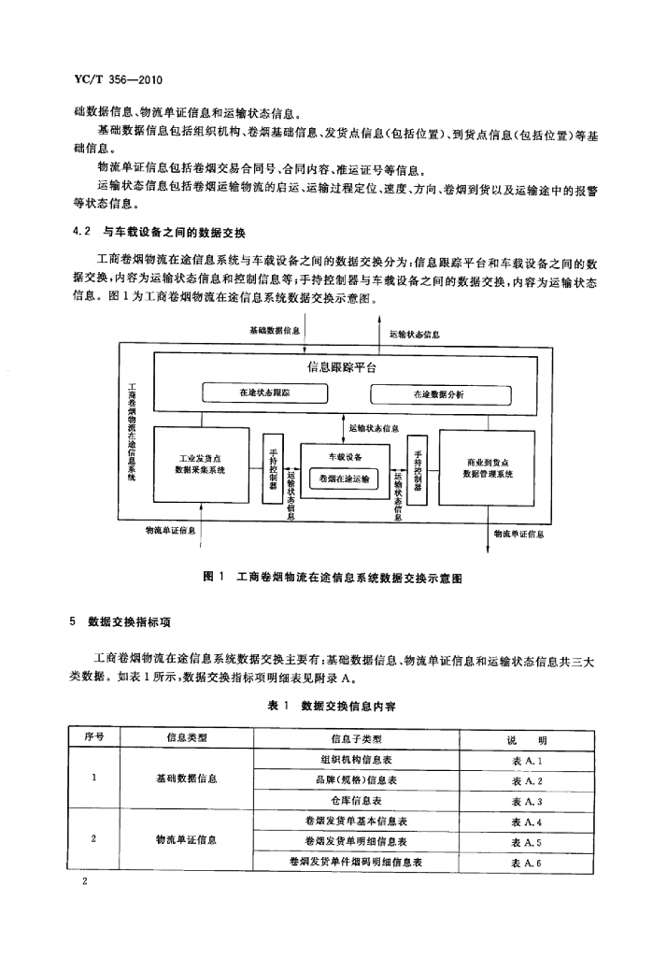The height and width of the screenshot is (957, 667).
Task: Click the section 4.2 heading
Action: (159, 233)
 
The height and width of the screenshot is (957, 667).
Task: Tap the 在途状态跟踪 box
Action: (265, 393)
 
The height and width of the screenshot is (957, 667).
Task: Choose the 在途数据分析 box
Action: (441, 394)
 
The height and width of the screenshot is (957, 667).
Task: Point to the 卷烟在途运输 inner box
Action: (344, 479)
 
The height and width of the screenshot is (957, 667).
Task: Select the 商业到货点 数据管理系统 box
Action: (487, 468)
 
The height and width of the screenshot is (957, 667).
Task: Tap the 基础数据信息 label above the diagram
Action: (275, 330)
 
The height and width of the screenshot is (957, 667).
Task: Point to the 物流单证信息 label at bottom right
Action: (518, 534)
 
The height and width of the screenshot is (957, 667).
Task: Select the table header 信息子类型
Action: (356, 738)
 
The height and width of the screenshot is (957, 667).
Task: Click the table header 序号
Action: (94, 736)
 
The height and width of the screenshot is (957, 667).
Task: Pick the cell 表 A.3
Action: (527, 801)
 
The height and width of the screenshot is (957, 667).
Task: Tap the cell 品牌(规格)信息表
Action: (356, 780)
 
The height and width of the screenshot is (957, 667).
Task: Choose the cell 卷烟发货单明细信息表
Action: (356, 842)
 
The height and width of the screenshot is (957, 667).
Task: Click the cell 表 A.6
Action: (527, 863)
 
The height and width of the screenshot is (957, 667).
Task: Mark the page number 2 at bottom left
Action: (84, 880)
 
